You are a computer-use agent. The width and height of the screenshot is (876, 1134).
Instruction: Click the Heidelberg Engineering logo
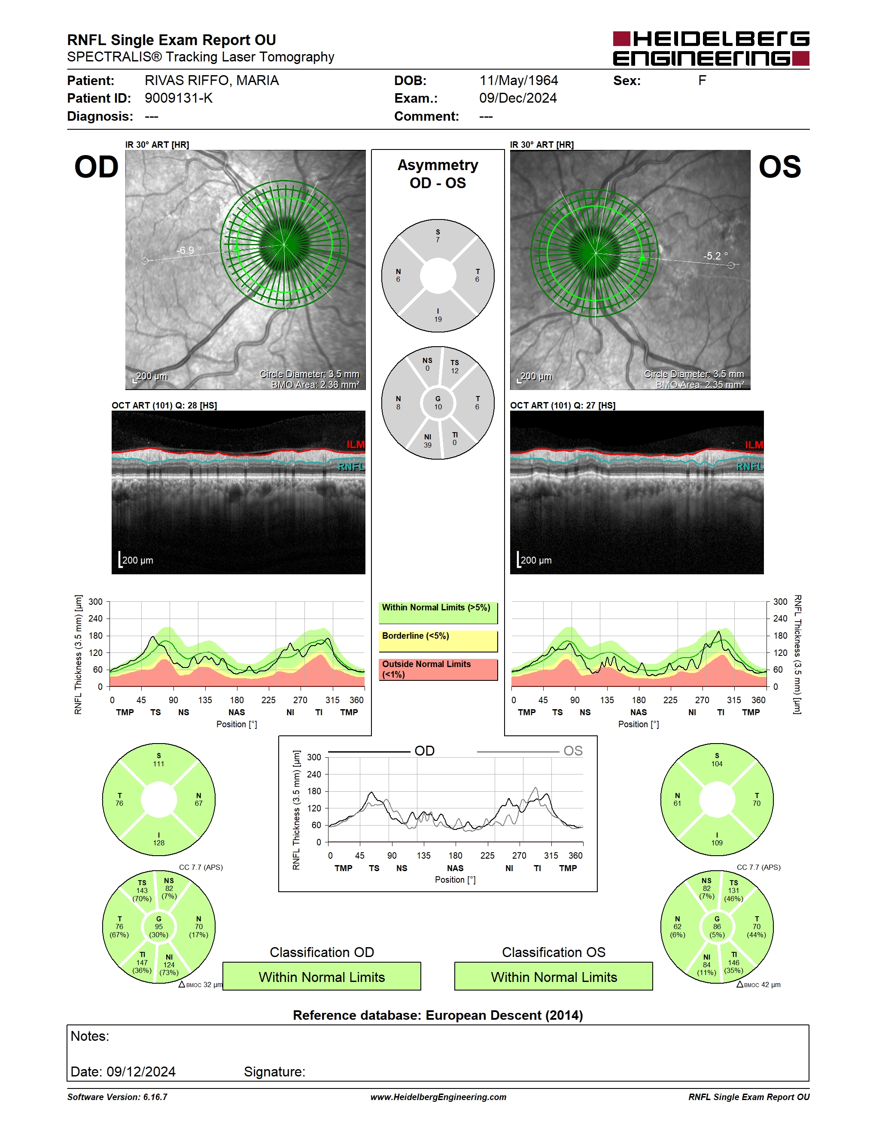(x=711, y=48)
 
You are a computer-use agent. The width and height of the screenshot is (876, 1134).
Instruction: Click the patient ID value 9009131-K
(x=179, y=98)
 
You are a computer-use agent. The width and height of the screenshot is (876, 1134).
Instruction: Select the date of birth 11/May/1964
(x=518, y=80)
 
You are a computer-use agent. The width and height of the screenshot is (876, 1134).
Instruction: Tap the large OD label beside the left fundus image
(x=97, y=167)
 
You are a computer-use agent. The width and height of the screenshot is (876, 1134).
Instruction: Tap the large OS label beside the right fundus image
(x=779, y=167)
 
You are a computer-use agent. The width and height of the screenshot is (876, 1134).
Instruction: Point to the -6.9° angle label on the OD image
(x=189, y=250)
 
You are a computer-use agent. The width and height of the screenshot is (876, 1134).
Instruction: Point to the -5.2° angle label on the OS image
(x=716, y=256)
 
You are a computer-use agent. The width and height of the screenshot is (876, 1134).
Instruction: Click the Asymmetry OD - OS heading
(x=438, y=174)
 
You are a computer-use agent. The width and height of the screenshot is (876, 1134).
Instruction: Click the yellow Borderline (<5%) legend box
(x=438, y=641)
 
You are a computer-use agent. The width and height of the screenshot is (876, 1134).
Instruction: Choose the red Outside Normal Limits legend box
(x=438, y=670)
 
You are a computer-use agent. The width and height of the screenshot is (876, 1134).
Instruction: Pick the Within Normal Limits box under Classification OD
(x=322, y=976)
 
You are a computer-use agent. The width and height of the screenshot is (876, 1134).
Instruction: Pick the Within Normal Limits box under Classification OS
(x=554, y=976)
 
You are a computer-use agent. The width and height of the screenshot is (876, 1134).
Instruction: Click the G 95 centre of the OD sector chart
(x=159, y=927)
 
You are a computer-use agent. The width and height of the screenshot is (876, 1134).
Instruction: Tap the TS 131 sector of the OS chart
(x=733, y=890)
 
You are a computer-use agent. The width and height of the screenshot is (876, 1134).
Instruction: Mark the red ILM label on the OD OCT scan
(x=356, y=445)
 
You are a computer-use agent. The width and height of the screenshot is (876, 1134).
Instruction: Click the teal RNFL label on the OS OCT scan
(x=750, y=466)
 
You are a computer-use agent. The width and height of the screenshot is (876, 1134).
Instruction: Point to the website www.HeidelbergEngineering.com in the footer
(x=438, y=1097)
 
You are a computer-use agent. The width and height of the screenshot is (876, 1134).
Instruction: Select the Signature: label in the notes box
(x=274, y=1072)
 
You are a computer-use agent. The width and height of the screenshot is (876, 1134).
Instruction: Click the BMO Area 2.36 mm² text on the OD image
(x=316, y=385)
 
